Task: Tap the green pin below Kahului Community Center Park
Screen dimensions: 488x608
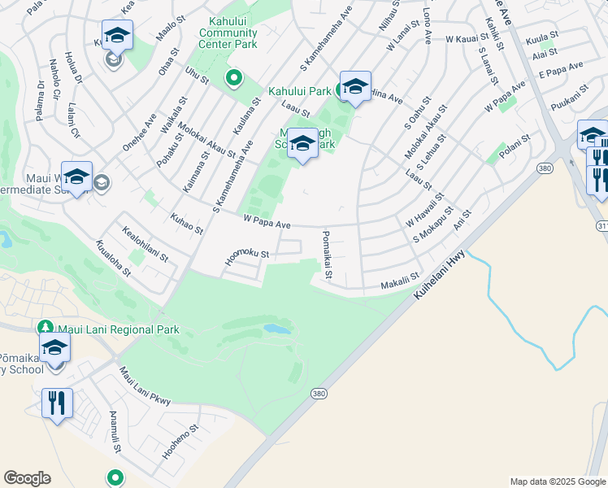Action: click(x=234, y=78)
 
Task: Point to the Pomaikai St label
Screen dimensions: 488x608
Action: click(x=326, y=254)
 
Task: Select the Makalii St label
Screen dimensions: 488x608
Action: click(x=401, y=282)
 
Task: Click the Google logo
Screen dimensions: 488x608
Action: click(x=27, y=477)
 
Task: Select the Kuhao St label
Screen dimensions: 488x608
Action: click(x=187, y=223)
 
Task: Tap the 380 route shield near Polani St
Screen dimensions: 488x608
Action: click(x=544, y=168)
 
